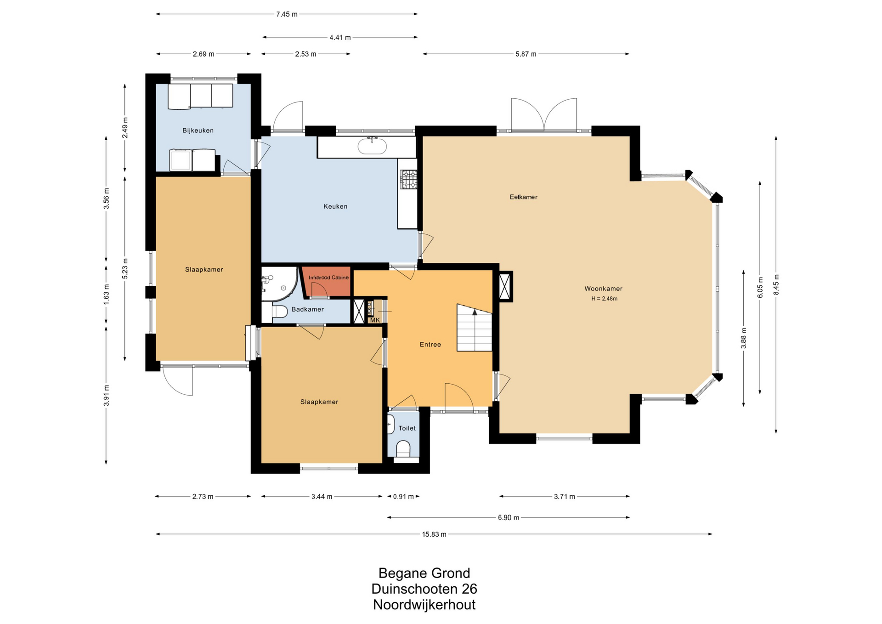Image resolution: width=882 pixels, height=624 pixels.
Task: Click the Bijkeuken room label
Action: [x=198, y=130]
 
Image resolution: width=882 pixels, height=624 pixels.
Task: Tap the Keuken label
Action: [x=335, y=206]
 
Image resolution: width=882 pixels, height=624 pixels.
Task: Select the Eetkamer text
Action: [x=523, y=197]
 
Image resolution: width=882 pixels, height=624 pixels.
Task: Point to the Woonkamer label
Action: [x=603, y=289]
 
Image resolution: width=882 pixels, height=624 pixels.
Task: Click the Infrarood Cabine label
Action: [x=328, y=278]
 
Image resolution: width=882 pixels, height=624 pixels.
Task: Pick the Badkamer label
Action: [x=307, y=309]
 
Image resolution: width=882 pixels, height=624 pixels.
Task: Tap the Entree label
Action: [x=430, y=344]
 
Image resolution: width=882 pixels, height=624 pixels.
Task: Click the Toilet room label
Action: [x=407, y=428]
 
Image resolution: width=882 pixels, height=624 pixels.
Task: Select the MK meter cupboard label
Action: [x=375, y=320]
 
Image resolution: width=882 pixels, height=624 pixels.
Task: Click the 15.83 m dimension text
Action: [x=434, y=534]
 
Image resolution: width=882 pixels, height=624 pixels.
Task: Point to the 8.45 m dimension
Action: [x=776, y=285]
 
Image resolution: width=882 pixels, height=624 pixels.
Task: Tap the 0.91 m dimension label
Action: [x=403, y=496]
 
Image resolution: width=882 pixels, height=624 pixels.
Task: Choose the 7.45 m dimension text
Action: [x=287, y=14]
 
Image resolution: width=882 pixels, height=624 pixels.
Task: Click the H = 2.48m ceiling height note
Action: [x=604, y=299]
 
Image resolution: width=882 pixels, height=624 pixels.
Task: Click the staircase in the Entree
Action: [x=474, y=328]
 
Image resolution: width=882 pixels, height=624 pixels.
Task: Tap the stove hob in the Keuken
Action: [x=409, y=179]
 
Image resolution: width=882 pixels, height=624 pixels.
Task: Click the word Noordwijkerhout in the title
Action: [x=424, y=605]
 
